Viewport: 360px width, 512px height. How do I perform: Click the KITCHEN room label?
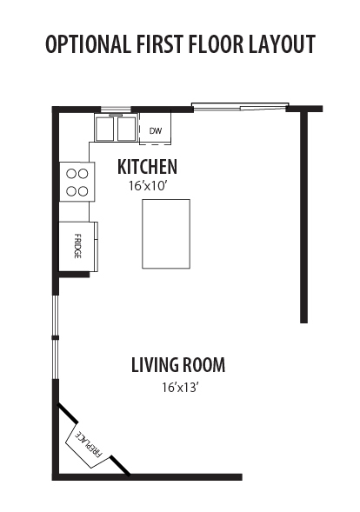pyautogui.click(x=147, y=167)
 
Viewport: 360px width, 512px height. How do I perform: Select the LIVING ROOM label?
pyautogui.click(x=178, y=365)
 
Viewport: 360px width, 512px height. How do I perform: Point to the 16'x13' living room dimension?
pyautogui.click(x=181, y=388)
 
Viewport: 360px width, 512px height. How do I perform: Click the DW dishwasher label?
pyautogui.click(x=156, y=131)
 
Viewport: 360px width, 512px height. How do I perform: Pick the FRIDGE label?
pyautogui.click(x=77, y=246)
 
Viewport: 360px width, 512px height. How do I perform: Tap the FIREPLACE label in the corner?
pyautogui.click(x=90, y=443)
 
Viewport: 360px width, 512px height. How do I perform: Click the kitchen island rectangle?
pyautogui.click(x=166, y=234)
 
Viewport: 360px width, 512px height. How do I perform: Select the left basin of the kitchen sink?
pyautogui.click(x=105, y=129)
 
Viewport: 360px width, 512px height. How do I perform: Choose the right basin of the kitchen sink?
pyautogui.click(x=126, y=129)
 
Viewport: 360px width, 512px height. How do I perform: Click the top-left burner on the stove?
pyautogui.click(x=71, y=174)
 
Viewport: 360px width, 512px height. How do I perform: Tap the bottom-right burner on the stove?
pyautogui.click(x=83, y=191)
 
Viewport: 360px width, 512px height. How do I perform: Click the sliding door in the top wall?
pyautogui.click(x=240, y=106)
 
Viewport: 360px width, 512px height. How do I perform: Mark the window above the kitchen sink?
pyautogui.click(x=116, y=110)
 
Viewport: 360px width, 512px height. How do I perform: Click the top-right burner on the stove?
pyautogui.click(x=83, y=174)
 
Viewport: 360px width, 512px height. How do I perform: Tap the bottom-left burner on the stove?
pyautogui.click(x=71, y=191)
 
